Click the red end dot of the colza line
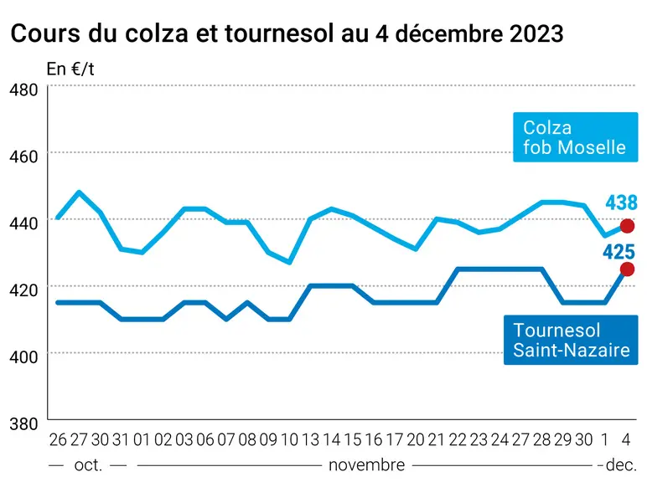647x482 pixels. [627, 226]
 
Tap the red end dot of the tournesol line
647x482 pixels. [627, 269]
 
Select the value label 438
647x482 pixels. [621, 203]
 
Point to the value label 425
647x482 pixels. [619, 252]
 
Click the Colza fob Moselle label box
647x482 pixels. [575, 136]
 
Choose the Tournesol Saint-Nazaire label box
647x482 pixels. [571, 340]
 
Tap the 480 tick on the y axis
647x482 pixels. [23, 90]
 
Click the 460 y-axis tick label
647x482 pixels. [23, 156]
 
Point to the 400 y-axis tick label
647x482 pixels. [23, 356]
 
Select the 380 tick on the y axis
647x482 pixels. [23, 423]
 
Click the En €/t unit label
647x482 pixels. [70, 69]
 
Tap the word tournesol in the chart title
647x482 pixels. [279, 33]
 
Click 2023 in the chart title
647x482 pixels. [536, 33]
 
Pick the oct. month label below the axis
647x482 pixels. [88, 465]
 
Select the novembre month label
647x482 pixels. [366, 465]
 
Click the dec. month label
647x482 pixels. [621, 465]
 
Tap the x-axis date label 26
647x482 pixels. [58, 440]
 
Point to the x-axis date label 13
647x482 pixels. [310, 440]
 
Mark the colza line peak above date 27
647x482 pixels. [79, 192]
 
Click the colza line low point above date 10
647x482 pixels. [289, 263]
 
